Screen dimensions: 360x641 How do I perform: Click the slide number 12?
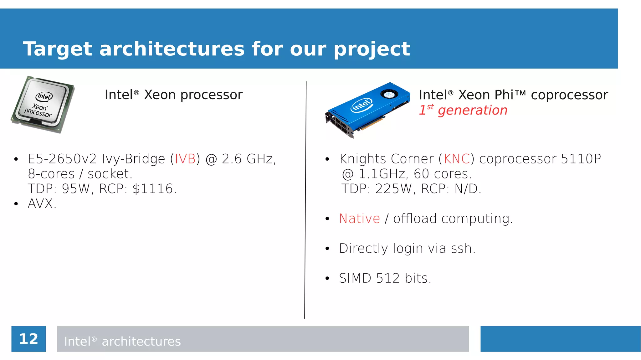click(28, 339)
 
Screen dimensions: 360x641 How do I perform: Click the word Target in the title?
click(58, 49)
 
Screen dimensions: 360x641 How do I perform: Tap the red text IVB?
click(185, 159)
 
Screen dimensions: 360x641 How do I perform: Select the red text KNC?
click(457, 159)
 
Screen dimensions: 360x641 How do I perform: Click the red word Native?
click(359, 219)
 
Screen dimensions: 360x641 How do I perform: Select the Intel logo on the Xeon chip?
click(44, 96)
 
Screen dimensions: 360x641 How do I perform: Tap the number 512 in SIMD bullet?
click(387, 278)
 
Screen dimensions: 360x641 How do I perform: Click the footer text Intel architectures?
click(122, 341)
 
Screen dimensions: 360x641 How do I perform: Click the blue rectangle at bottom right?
click(560, 339)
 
